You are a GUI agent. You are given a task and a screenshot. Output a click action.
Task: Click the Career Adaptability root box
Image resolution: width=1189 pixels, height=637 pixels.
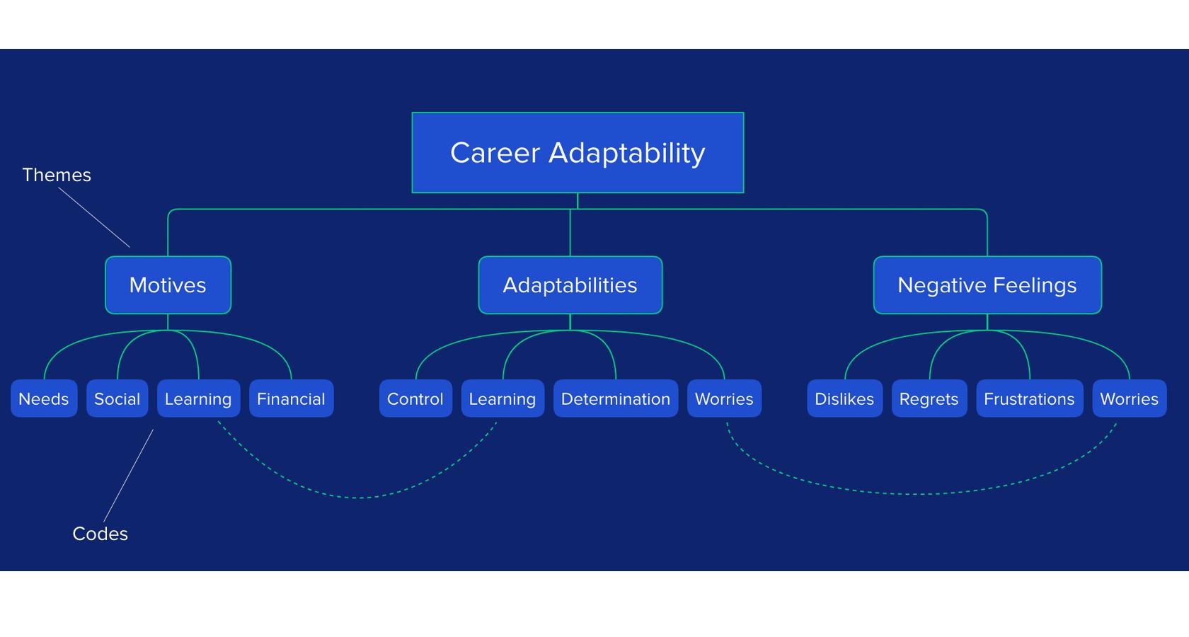point(578,152)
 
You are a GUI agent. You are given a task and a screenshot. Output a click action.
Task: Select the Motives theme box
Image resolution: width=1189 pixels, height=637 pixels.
point(168,285)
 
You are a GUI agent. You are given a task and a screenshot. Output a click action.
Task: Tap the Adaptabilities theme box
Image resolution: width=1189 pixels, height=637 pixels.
point(570,285)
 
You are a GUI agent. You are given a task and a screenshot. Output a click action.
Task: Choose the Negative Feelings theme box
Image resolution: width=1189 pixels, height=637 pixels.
point(987,285)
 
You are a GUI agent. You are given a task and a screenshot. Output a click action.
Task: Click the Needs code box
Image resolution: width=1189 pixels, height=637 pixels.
point(44,398)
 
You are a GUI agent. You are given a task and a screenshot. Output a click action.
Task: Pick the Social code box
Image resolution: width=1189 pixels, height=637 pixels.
point(117,398)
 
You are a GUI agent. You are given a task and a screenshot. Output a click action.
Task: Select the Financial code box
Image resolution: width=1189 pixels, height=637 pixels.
point(292,398)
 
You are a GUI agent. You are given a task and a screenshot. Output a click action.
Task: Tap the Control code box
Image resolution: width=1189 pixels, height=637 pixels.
point(415,398)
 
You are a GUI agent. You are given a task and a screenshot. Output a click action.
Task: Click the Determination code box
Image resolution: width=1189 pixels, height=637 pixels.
point(616,398)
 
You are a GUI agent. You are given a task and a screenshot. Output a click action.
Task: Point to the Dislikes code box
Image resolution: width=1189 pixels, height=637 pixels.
point(844,398)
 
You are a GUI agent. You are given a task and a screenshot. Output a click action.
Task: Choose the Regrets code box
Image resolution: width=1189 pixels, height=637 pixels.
point(929,398)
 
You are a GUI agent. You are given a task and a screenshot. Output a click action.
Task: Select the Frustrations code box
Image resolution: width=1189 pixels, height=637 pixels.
point(1030,398)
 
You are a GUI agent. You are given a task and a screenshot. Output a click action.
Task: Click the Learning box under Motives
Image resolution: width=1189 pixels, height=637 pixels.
point(198,398)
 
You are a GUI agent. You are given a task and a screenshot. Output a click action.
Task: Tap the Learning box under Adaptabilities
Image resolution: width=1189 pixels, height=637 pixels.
point(502,398)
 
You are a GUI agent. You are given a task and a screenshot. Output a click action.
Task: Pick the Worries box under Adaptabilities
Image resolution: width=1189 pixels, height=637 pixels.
point(724,398)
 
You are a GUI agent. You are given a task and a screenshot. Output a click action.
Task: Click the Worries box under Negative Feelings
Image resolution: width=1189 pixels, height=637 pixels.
point(1130,398)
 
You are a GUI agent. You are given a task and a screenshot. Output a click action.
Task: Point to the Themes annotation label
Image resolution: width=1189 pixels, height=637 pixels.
point(57,175)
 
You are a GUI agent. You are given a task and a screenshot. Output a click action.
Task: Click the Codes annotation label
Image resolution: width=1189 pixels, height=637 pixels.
point(100,534)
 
